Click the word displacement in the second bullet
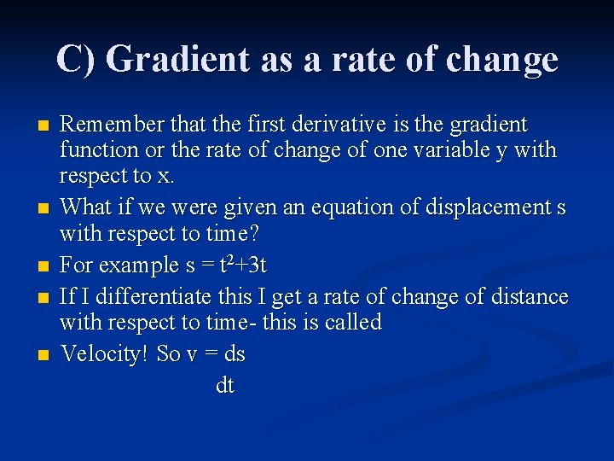(490, 207)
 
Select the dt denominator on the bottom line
(225, 386)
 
